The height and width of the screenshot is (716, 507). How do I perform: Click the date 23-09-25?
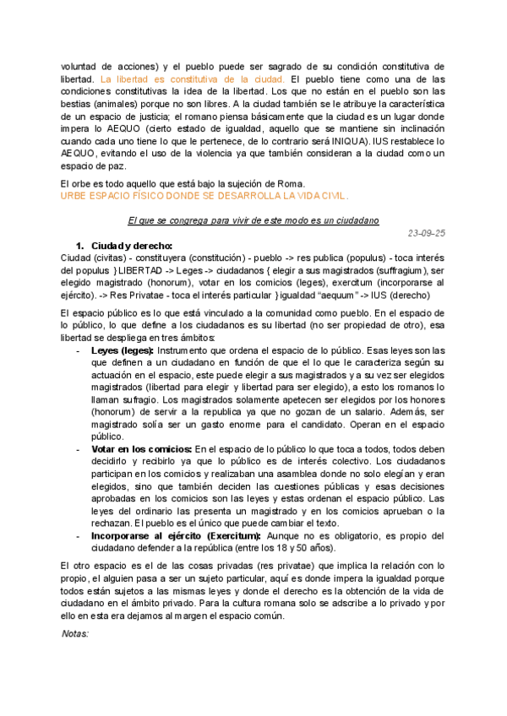(426, 232)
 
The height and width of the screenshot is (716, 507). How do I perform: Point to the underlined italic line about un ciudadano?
(253, 220)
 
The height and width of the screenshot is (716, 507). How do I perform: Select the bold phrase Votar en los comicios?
(142, 448)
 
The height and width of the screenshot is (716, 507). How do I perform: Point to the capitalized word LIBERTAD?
(142, 270)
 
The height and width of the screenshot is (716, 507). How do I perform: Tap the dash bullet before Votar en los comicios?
(79, 448)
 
